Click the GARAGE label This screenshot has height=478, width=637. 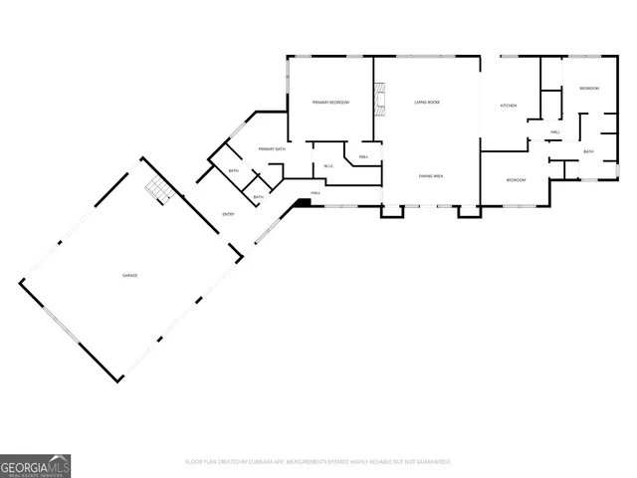[129, 275]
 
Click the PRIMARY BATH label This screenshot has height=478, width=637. [272, 149]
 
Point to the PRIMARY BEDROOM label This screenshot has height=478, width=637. [330, 103]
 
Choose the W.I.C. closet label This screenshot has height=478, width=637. [327, 165]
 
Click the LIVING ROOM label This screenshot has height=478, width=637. [427, 103]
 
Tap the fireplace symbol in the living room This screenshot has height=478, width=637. [378, 100]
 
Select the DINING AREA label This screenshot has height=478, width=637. [430, 176]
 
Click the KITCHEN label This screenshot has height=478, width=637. [508, 106]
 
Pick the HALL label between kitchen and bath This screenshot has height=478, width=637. [554, 131]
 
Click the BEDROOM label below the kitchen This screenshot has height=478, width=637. [516, 180]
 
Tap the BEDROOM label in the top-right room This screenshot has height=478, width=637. [589, 89]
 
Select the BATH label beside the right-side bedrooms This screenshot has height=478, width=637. [588, 152]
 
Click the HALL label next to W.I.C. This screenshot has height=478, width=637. [364, 156]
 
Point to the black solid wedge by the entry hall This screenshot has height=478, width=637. [305, 203]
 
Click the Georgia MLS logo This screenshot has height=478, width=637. [35, 465]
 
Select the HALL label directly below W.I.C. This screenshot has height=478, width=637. [315, 192]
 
